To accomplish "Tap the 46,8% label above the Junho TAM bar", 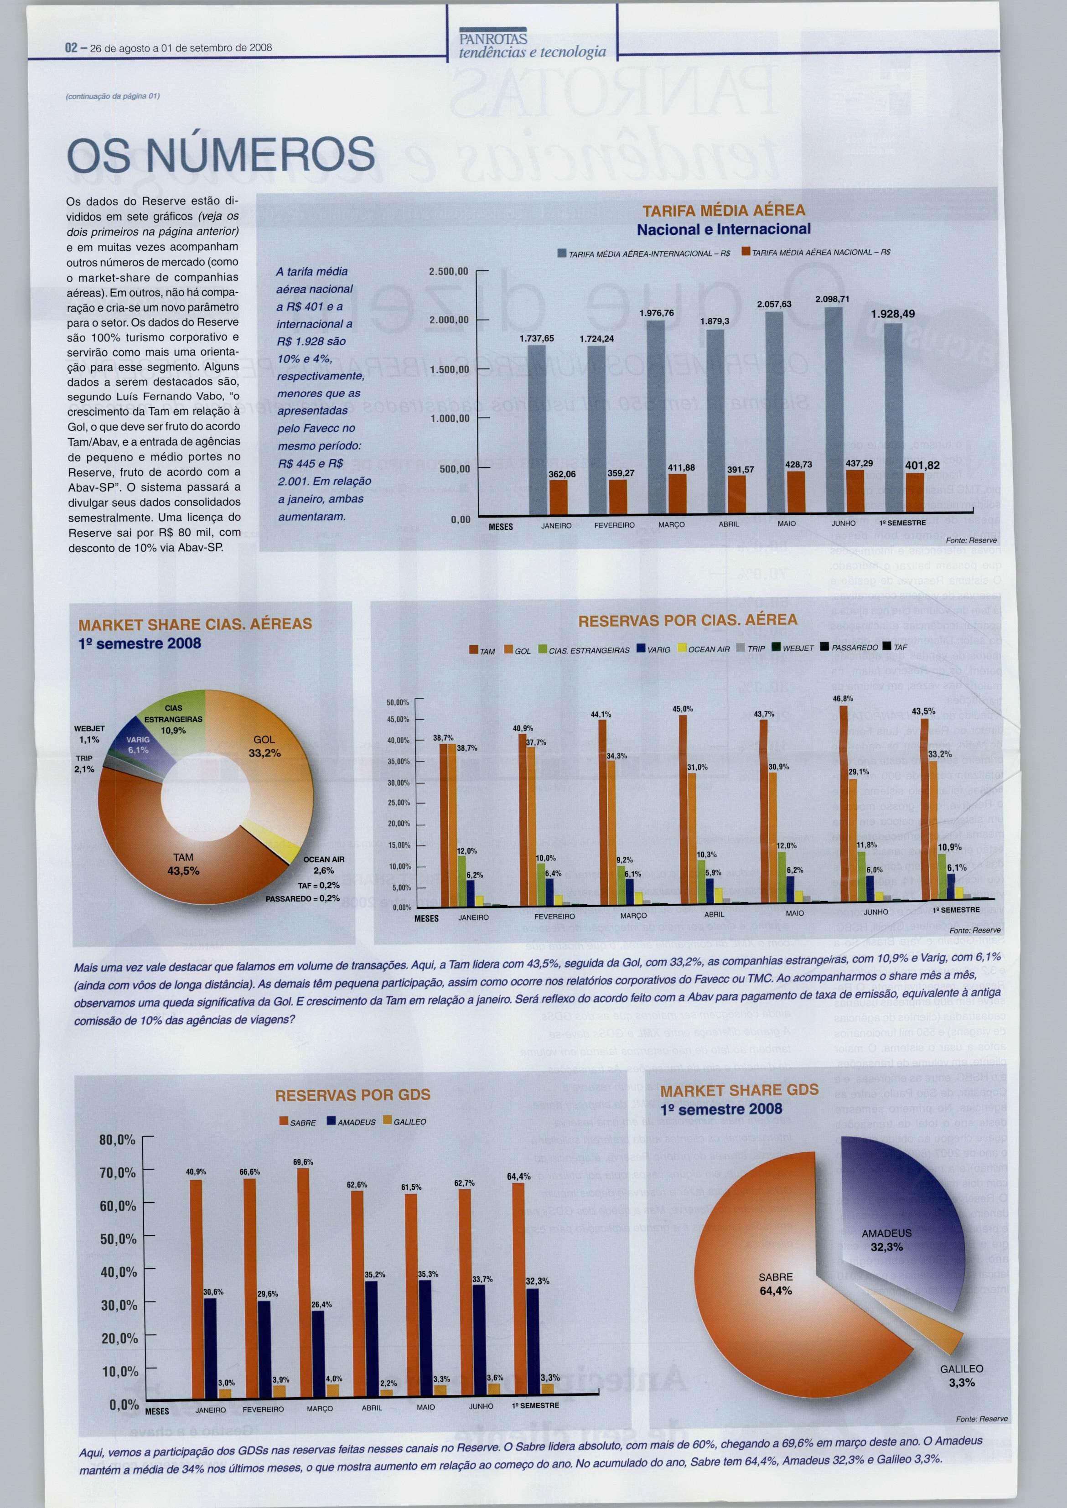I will [x=843, y=699].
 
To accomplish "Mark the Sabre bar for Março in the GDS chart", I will [x=303, y=1281].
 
